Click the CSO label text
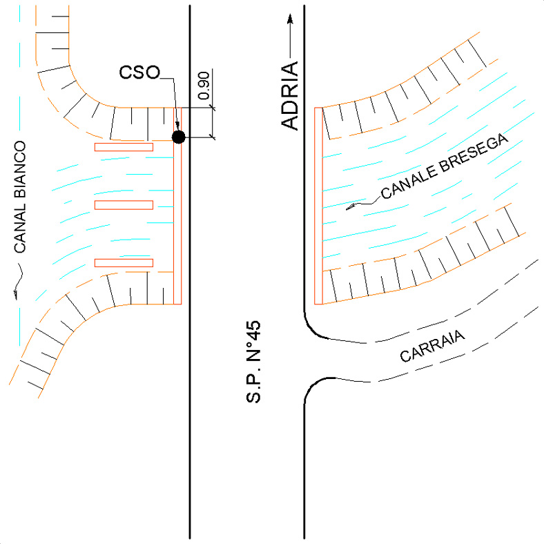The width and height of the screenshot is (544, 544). click(139, 72)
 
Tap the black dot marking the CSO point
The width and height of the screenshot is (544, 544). click(179, 137)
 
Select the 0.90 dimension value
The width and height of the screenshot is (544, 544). click(204, 86)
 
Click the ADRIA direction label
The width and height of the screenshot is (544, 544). click(289, 95)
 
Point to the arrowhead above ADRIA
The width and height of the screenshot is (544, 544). click(291, 19)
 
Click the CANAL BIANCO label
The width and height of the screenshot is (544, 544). click(20, 197)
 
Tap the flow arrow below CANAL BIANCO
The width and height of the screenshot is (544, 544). click(18, 281)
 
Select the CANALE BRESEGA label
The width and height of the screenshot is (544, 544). click(445, 166)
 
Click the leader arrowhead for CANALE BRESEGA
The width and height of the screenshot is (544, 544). click(351, 207)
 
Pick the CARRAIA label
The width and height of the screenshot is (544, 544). click(432, 346)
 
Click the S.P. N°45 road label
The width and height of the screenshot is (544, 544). click(253, 362)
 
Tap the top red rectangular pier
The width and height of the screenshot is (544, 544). click(124, 147)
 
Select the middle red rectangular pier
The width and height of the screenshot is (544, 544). click(124, 205)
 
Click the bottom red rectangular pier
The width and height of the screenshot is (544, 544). click(124, 263)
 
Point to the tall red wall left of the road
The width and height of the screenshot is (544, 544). click(177, 206)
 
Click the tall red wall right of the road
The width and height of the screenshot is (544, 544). click(318, 206)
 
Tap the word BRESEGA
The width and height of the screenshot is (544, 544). click(474, 153)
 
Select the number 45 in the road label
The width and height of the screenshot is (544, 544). click(253, 330)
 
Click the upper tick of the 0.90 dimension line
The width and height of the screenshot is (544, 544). click(213, 108)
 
